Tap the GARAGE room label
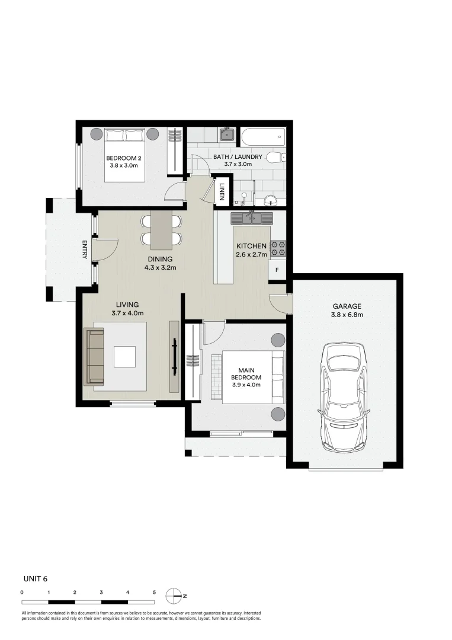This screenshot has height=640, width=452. pyautogui.click(x=347, y=306)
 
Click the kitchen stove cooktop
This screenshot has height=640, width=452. pyautogui.click(x=278, y=248)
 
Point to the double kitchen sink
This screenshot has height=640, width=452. pyautogui.click(x=252, y=219)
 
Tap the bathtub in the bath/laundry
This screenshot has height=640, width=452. pyautogui.click(x=263, y=138)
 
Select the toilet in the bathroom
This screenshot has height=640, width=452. pyautogui.click(x=275, y=157)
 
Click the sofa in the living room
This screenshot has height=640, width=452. pyautogui.click(x=94, y=357)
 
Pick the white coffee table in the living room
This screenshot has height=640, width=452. pyautogui.click(x=125, y=357)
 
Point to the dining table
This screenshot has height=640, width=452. pyautogui.click(x=161, y=230)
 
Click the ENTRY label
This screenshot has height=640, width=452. pyautogui.click(x=85, y=249)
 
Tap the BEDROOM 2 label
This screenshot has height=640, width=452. pyautogui.click(x=123, y=158)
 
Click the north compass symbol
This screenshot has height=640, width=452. pyautogui.click(x=175, y=595)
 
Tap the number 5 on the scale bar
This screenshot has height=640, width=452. pyautogui.click(x=154, y=592)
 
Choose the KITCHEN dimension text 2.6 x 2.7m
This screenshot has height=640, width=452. pyautogui.click(x=251, y=255)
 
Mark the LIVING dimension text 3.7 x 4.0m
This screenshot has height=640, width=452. pyautogui.click(x=127, y=313)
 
